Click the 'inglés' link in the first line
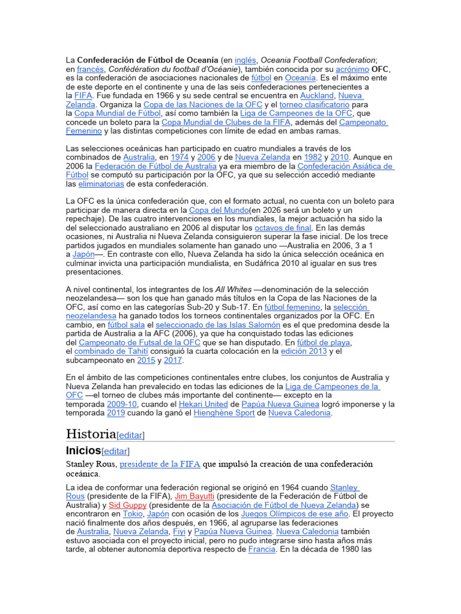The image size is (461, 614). pyautogui.click(x=245, y=60)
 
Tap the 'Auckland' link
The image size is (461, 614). pyautogui.click(x=317, y=95)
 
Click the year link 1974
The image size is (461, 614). pyautogui.click(x=179, y=157)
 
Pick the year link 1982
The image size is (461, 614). pyautogui.click(x=313, y=157)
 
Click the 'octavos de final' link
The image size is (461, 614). pyautogui.click(x=283, y=228)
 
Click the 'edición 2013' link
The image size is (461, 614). pyautogui.click(x=304, y=351)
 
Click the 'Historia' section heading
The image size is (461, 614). pyautogui.click(x=91, y=434)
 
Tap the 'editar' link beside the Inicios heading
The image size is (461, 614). pyautogui.click(x=116, y=451)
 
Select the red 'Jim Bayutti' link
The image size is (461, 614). pyautogui.click(x=194, y=496)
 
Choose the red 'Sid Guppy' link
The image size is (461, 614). pyautogui.click(x=127, y=505)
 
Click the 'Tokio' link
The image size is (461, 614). pyautogui.click(x=133, y=514)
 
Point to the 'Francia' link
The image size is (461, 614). pyautogui.click(x=262, y=549)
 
